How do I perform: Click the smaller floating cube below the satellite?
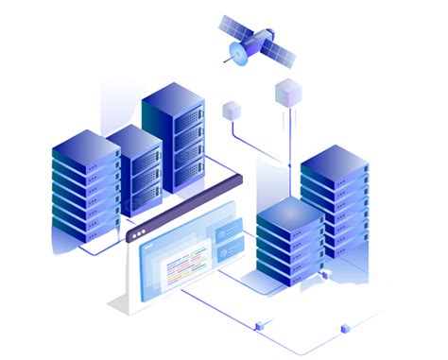(231, 111)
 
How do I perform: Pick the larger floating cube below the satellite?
(286, 92)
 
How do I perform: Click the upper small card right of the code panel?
(233, 232)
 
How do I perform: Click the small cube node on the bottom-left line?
(258, 326)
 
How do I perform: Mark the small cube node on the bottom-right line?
(344, 329)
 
